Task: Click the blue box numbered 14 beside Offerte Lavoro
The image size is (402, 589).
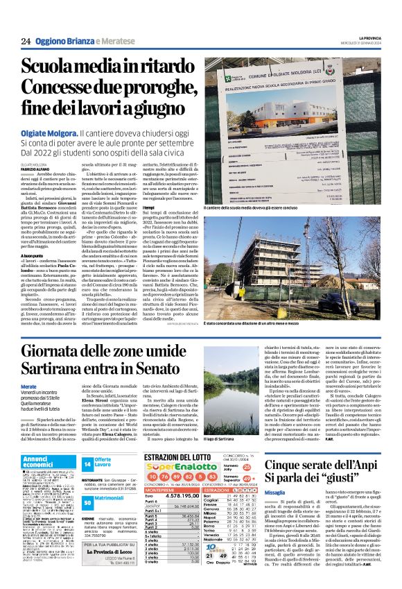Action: [x=87, y=463]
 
